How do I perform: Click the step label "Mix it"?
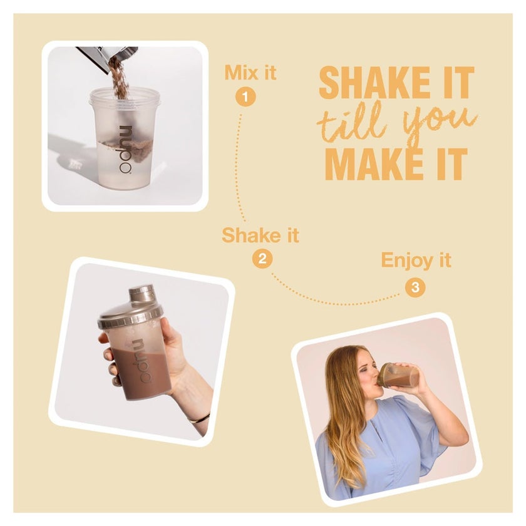click(250, 73)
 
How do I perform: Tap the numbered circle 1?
click(245, 97)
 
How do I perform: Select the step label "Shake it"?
click(260, 235)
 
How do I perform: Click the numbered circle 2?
click(262, 259)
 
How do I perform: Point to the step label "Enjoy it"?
click(416, 260)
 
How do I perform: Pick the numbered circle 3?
click(415, 287)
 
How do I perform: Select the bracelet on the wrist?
click(199, 419)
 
